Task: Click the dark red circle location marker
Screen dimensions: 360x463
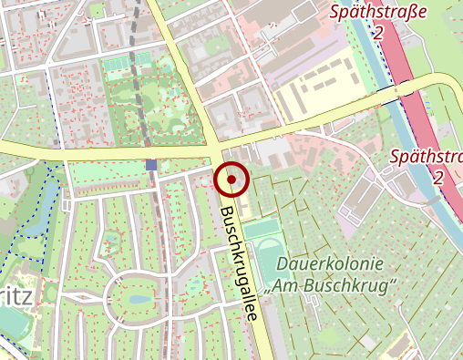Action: (x=232, y=180)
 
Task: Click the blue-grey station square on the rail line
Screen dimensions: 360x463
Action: (x=150, y=165)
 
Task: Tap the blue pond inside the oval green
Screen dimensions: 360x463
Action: (x=139, y=298)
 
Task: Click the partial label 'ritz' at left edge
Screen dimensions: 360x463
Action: (x=20, y=296)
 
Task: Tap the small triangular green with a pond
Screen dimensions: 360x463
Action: (x=113, y=242)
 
